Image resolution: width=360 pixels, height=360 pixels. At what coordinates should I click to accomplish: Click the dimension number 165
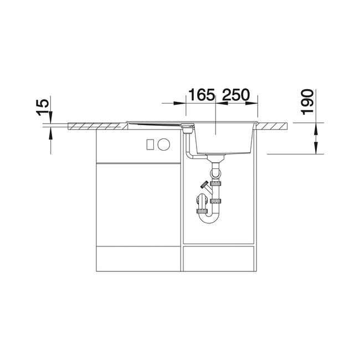tap(202, 95)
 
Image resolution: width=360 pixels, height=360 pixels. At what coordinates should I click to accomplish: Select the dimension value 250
tap(235, 95)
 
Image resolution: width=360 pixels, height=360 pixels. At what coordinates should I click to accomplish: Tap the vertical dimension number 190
tap(307, 102)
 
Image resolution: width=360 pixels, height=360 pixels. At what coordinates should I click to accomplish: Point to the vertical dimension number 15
tap(43, 107)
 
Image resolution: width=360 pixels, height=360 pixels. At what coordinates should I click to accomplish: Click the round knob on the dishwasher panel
tap(164, 144)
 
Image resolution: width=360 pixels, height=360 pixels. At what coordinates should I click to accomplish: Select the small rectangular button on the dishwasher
tap(151, 145)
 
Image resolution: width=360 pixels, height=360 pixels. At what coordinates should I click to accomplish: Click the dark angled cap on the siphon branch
tap(204, 184)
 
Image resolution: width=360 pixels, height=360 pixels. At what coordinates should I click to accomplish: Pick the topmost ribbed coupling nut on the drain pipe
tap(216, 183)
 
